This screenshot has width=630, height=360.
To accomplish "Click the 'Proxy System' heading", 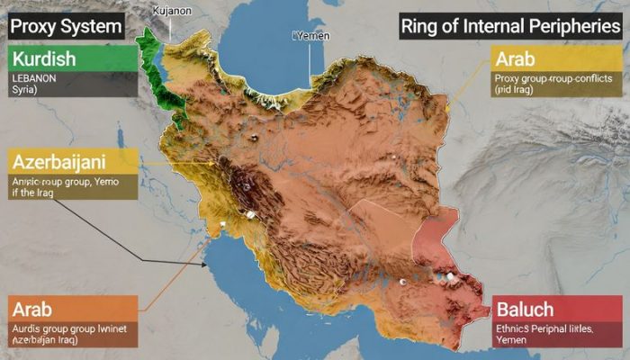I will (66, 26).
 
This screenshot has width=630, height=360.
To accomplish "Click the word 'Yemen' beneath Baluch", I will (514, 342).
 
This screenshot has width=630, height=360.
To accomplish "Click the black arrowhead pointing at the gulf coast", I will (208, 265).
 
